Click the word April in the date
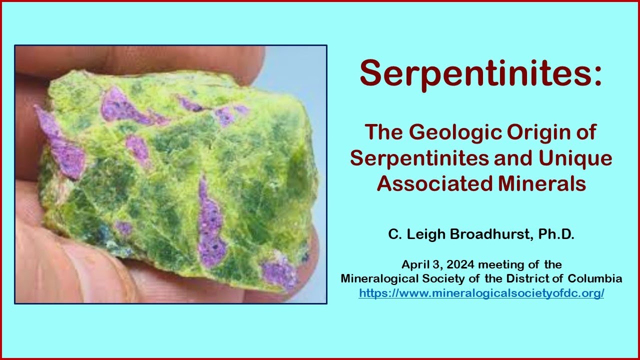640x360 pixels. tap(414, 264)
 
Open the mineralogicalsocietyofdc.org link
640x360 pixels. tap(481, 293)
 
